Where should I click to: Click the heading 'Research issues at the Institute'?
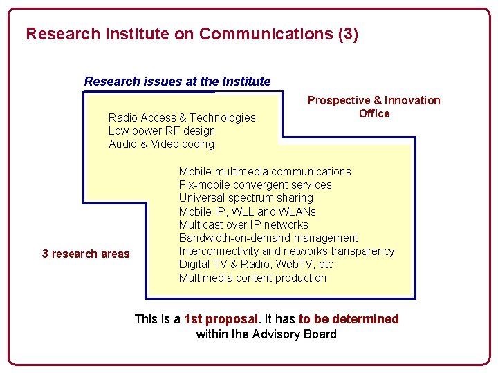(177, 82)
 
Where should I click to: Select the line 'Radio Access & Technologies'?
(182, 118)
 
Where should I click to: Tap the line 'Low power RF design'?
(161, 131)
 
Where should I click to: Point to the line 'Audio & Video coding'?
(161, 144)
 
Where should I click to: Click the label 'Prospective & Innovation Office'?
(373, 107)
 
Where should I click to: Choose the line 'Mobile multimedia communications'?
(265, 171)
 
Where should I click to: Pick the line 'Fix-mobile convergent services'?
(255, 185)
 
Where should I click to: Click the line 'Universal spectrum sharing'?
(246, 198)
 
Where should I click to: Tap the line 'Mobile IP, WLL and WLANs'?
(247, 211)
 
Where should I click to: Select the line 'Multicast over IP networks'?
(243, 224)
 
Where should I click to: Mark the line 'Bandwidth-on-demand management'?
(268, 238)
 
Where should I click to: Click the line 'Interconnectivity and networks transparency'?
(286, 251)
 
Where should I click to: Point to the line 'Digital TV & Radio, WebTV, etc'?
(256, 265)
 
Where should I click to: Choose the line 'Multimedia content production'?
(252, 278)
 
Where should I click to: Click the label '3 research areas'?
(86, 254)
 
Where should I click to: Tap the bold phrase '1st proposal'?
(221, 319)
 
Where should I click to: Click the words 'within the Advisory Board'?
(266, 335)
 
